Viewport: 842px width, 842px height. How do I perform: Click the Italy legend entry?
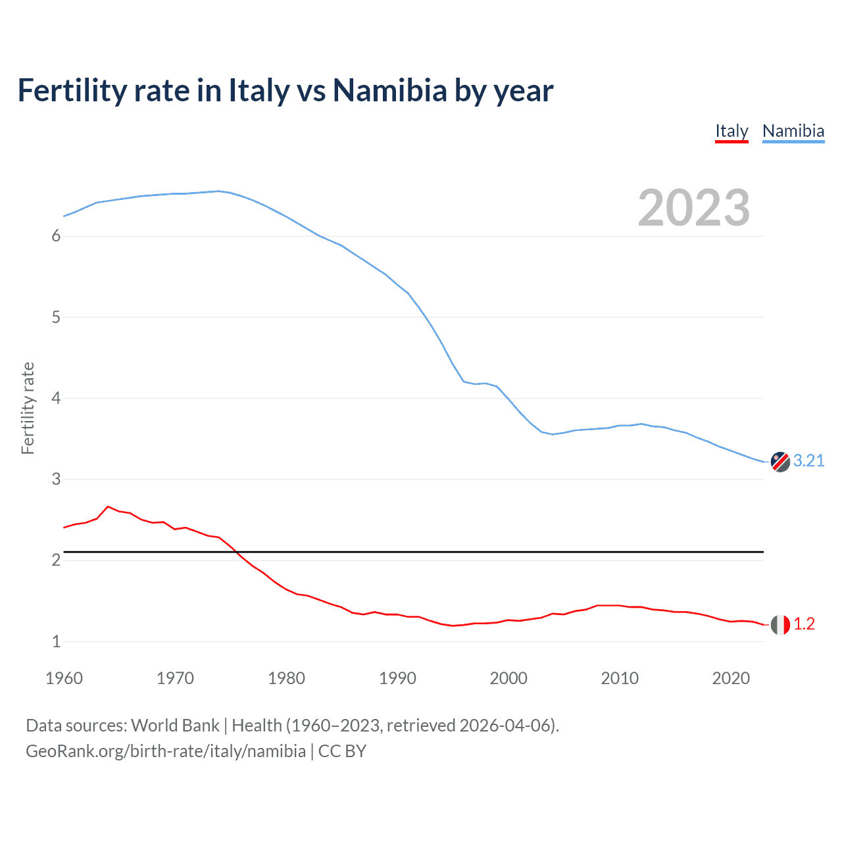pyautogui.click(x=731, y=131)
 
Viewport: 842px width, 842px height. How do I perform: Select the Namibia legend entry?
pyautogui.click(x=793, y=131)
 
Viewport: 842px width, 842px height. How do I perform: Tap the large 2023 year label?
pyautogui.click(x=693, y=208)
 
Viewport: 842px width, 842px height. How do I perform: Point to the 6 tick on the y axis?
pyautogui.click(x=56, y=236)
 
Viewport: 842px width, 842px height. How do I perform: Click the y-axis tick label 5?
pyautogui.click(x=56, y=318)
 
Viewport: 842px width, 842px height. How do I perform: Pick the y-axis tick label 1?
pyautogui.click(x=56, y=641)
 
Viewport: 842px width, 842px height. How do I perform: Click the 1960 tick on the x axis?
pyautogui.click(x=64, y=678)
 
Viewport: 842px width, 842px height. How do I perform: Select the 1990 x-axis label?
pyautogui.click(x=397, y=678)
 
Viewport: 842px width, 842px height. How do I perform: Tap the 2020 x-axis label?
pyautogui.click(x=731, y=678)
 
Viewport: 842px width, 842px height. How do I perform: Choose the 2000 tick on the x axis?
pyautogui.click(x=508, y=678)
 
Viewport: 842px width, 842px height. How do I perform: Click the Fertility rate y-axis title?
pyautogui.click(x=28, y=408)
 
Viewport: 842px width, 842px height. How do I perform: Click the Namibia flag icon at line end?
pyautogui.click(x=780, y=462)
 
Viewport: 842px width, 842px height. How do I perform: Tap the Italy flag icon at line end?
pyautogui.click(x=780, y=624)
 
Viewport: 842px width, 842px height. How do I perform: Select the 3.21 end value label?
pyautogui.click(x=808, y=461)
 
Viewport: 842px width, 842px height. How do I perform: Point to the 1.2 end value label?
pyautogui.click(x=804, y=624)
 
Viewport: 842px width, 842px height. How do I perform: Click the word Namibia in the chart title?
pyautogui.click(x=389, y=91)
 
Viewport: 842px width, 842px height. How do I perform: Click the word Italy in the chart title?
pyautogui.click(x=259, y=91)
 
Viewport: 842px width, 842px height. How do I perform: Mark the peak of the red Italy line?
pyautogui.click(x=109, y=507)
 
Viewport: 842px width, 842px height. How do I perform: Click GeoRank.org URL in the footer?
pyautogui.click(x=166, y=751)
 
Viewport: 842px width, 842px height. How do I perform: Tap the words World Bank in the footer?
pyautogui.click(x=175, y=726)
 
